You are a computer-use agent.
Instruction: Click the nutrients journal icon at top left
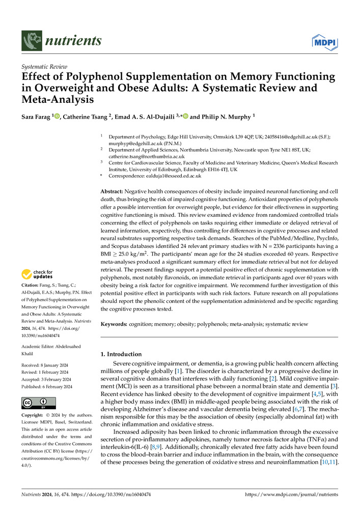click(x=32, y=40)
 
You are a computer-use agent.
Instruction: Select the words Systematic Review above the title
click(x=44, y=67)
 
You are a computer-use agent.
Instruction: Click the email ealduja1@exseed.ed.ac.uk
click(x=170, y=176)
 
